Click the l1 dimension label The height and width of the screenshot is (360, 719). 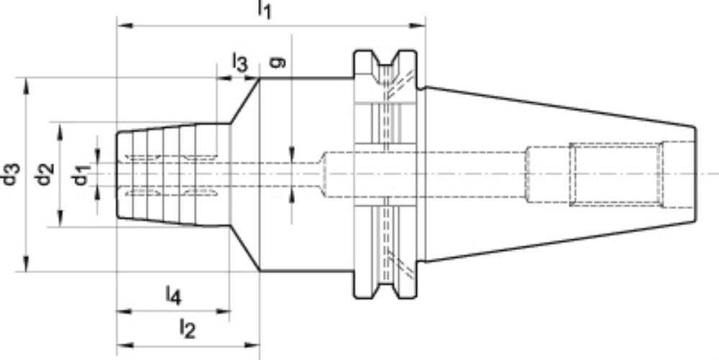[265, 9]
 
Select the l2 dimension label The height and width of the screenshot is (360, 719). [188, 328]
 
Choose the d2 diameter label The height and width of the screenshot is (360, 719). [45, 175]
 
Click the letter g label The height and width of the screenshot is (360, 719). [278, 62]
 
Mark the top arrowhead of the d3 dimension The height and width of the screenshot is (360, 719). [26, 86]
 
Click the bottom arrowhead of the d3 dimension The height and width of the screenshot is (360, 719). [26, 264]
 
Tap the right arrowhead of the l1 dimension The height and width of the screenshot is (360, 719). [417, 25]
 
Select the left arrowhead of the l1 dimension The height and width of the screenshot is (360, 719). [125, 25]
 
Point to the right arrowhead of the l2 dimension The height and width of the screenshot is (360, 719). [251, 345]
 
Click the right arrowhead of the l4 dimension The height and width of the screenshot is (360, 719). [221, 311]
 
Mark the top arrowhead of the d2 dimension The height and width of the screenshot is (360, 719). [60, 131]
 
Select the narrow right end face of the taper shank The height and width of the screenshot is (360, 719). [695, 175]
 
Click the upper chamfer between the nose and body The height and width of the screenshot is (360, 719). [245, 101]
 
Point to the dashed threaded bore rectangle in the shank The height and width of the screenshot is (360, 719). [616, 175]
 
